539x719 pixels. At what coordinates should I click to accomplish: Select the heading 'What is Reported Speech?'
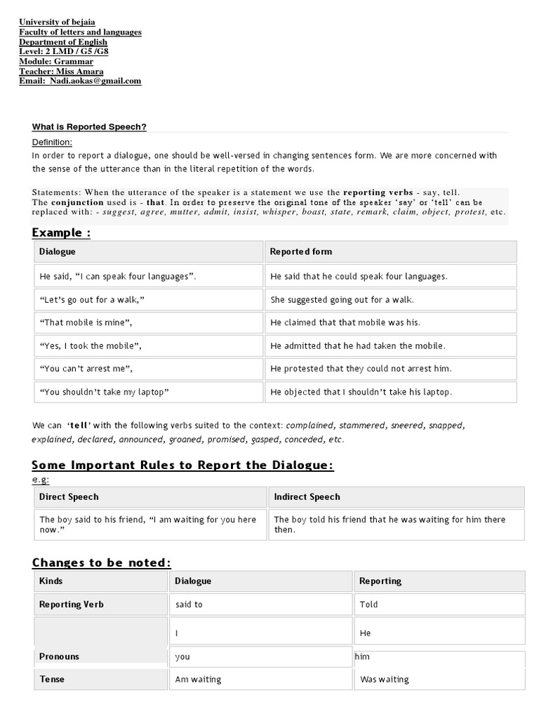point(89,127)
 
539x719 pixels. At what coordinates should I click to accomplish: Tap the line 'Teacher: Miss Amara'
point(61,71)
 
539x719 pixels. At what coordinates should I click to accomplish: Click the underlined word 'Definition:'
point(52,143)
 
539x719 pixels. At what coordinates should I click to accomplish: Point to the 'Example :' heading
point(61,233)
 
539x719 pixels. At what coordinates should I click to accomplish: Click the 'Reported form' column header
point(301,251)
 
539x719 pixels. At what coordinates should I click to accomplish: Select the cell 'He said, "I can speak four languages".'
point(118,277)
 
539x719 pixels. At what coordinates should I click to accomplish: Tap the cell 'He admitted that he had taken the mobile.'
point(358,345)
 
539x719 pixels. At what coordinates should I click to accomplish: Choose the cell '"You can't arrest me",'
point(86,369)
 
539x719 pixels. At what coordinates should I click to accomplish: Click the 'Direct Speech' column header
point(69,497)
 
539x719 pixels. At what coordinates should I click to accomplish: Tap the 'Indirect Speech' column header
point(307,497)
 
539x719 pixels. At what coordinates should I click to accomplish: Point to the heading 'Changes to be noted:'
point(101,562)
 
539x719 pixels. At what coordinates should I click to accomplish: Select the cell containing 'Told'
point(368,605)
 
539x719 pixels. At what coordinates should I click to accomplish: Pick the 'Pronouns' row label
point(59,657)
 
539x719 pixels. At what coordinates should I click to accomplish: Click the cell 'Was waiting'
point(384,680)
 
